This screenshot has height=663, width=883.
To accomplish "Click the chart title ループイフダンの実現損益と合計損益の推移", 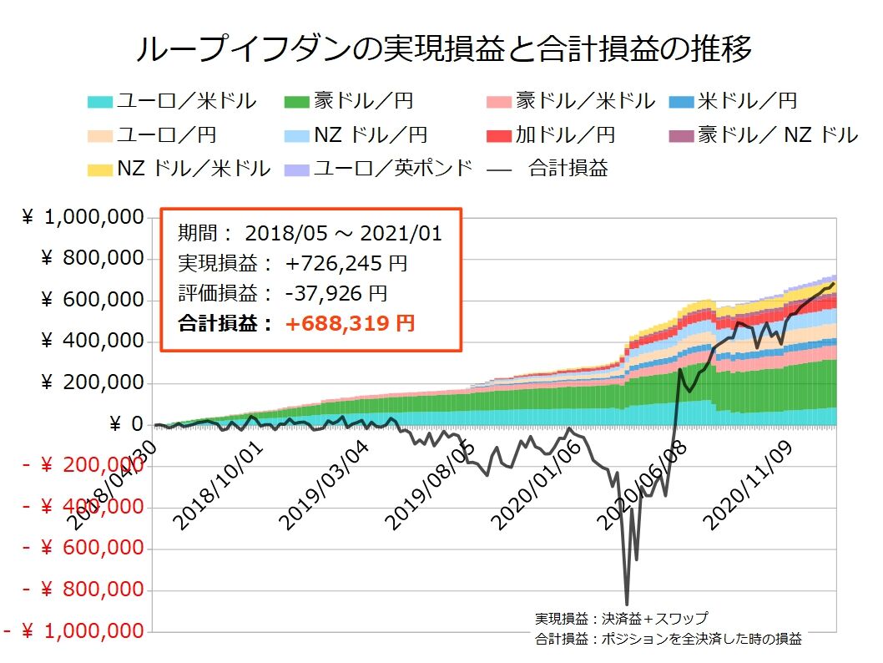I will tap(443, 48).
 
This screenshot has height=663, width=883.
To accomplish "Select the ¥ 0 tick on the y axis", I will tap(126, 425).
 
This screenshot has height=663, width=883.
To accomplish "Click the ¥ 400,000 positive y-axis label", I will tap(92, 342).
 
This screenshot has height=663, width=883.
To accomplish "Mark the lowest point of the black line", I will tap(627, 604).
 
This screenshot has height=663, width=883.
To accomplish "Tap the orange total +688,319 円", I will tap(350, 323).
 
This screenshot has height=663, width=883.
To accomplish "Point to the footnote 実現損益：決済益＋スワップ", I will tap(622, 619).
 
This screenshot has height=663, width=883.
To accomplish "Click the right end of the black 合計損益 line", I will tap(833, 283).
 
